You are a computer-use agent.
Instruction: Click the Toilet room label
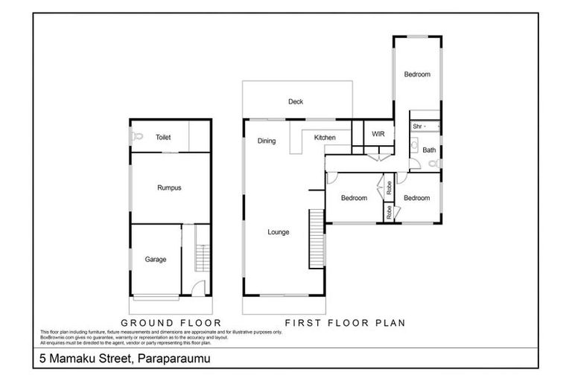(x=163, y=138)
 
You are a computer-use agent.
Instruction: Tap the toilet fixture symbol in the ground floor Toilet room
(x=137, y=137)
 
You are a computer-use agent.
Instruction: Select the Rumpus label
(x=169, y=188)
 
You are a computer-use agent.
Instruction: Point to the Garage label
(x=156, y=259)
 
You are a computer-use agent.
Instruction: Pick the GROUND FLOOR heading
(x=171, y=322)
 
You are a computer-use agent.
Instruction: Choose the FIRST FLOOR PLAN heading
(x=346, y=322)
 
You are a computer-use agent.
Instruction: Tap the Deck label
(x=296, y=102)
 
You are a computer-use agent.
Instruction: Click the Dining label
(x=267, y=140)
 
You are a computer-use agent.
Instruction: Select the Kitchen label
(x=325, y=138)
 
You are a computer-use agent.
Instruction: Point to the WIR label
(x=378, y=134)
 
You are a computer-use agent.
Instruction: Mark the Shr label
(x=417, y=127)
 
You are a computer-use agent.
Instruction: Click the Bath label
(x=429, y=150)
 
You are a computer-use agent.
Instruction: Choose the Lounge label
(x=279, y=232)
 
